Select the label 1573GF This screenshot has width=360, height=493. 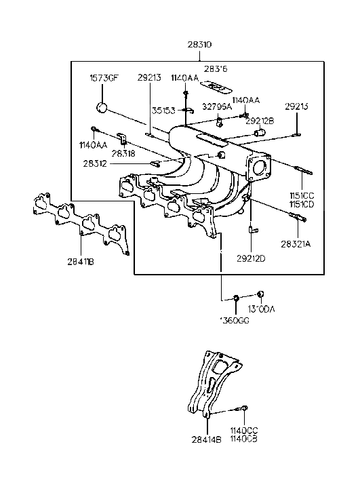tap(103, 77)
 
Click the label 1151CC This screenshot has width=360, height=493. tap(303, 195)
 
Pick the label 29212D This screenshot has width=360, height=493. tap(251, 257)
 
